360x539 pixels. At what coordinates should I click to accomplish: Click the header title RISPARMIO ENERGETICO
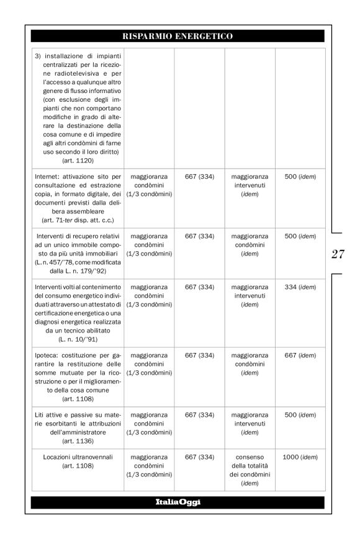(178, 36)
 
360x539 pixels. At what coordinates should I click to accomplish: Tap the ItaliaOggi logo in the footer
(178, 502)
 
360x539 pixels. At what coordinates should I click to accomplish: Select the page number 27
(338, 254)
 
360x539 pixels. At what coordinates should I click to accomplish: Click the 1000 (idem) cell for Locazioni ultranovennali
(300, 457)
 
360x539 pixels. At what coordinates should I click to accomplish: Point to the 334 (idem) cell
(300, 287)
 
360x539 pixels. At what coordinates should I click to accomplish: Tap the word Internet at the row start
(47, 177)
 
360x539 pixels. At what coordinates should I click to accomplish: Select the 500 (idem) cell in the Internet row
(300, 177)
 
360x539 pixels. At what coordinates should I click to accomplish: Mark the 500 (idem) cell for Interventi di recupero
(300, 236)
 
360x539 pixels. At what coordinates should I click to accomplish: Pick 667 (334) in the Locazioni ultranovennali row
(199, 457)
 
